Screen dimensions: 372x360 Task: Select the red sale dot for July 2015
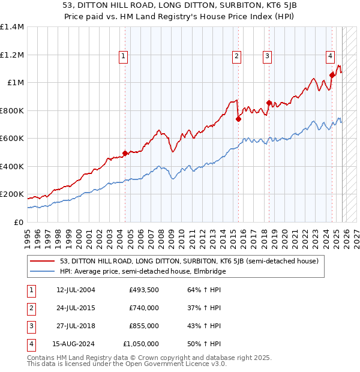(x=238, y=119)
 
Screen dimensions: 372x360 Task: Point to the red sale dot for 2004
(x=125, y=153)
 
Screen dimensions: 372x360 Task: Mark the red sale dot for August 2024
(x=332, y=75)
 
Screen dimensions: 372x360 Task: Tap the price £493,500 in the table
(x=143, y=290)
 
